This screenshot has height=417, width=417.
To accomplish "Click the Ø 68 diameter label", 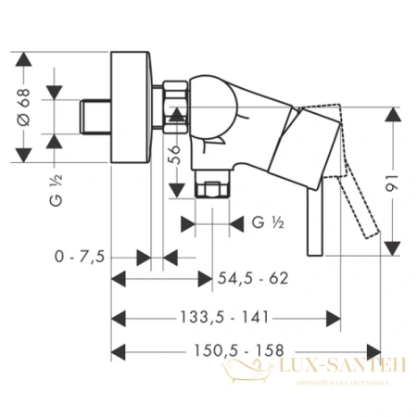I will (20, 108).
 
